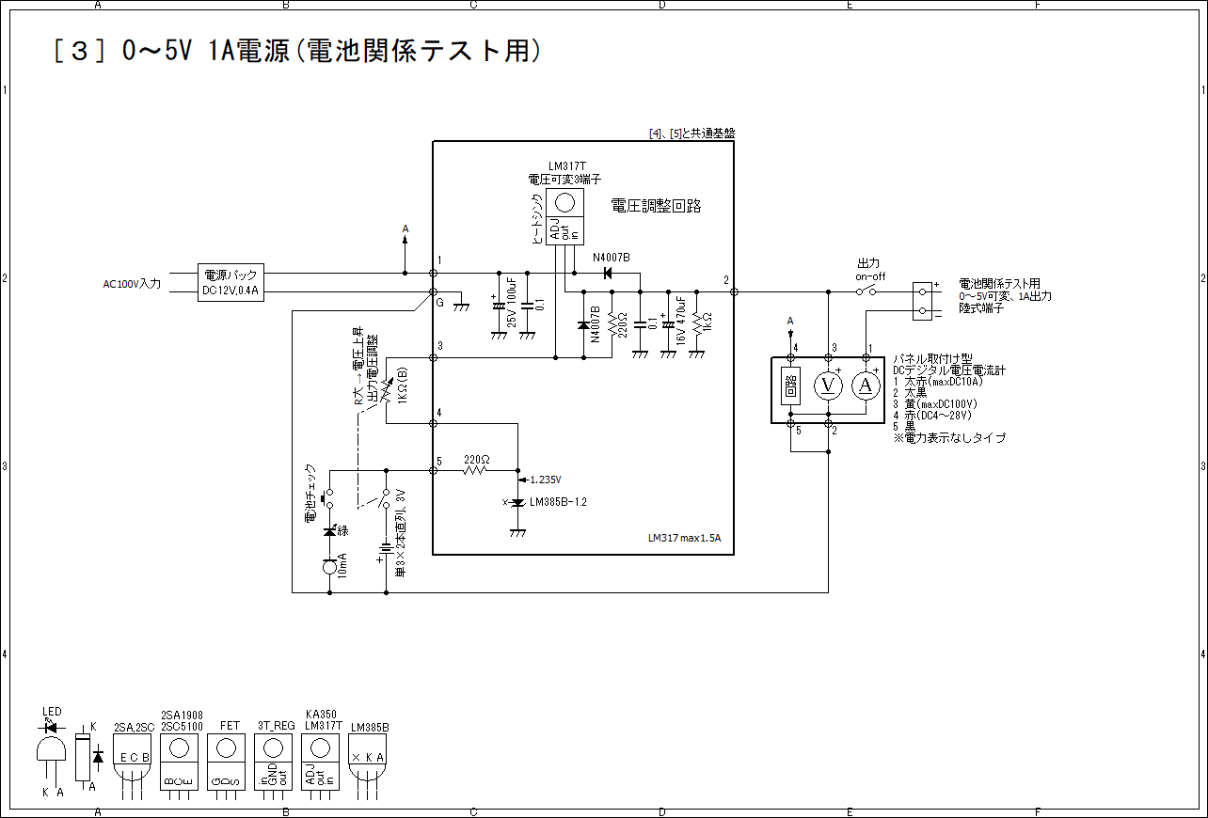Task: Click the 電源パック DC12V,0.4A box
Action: click(231, 282)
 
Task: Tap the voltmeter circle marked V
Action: click(828, 385)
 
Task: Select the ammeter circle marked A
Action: click(866, 385)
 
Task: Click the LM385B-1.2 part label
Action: click(558, 502)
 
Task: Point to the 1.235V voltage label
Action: click(546, 480)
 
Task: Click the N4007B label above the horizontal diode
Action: click(611, 258)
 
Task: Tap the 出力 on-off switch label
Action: click(870, 270)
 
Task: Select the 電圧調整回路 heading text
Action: click(656, 206)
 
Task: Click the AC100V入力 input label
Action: click(133, 283)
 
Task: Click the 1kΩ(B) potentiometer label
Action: click(403, 385)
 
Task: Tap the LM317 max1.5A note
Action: click(684, 539)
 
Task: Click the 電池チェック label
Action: click(310, 493)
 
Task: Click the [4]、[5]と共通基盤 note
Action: click(691, 134)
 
